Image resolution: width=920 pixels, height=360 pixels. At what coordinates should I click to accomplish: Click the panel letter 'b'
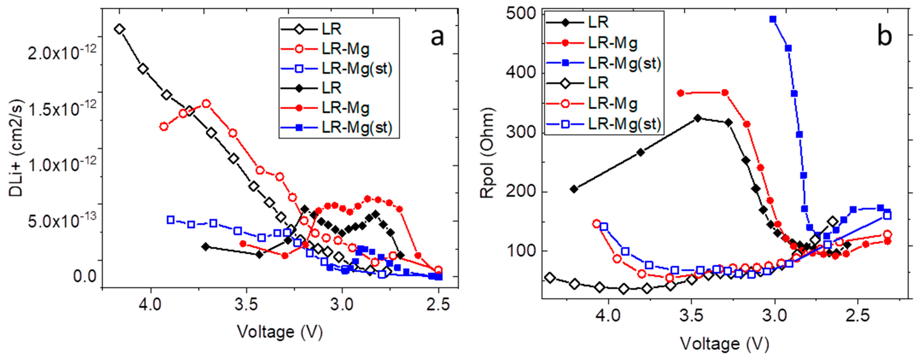point(884,36)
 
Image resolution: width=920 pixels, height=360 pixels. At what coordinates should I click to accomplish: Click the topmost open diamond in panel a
point(120,29)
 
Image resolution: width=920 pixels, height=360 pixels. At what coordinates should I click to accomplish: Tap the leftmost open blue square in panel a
point(171,220)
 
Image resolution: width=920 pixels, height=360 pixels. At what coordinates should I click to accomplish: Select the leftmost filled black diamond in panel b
point(574,189)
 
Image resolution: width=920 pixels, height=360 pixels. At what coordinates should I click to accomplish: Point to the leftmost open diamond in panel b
point(550,278)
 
